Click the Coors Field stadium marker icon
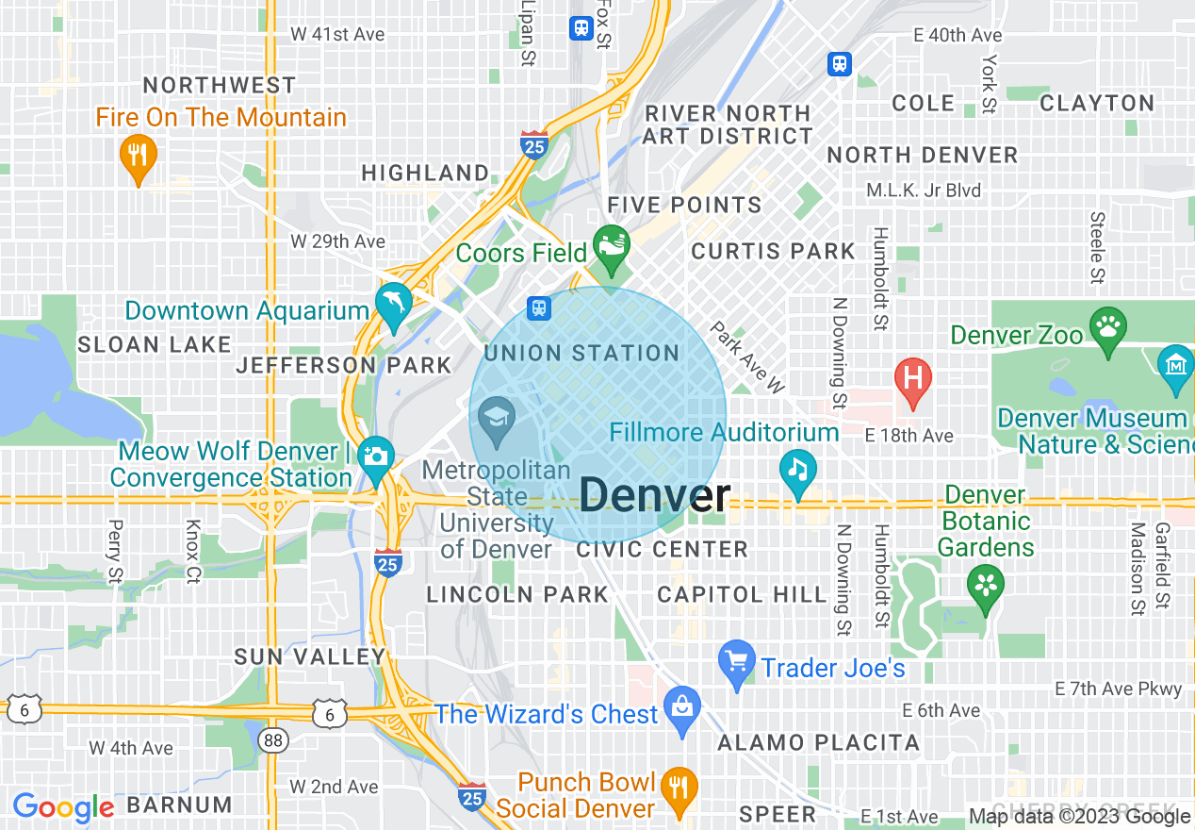click(611, 244)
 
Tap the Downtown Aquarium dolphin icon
click(392, 302)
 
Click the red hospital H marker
click(912, 378)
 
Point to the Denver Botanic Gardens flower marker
click(985, 584)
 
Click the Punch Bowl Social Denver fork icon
click(677, 785)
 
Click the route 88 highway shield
click(273, 740)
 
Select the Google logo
click(63, 807)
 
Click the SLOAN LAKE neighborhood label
click(155, 344)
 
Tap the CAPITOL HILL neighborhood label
click(742, 594)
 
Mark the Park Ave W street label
click(746, 357)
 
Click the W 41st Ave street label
click(337, 34)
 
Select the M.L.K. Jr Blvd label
click(924, 191)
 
